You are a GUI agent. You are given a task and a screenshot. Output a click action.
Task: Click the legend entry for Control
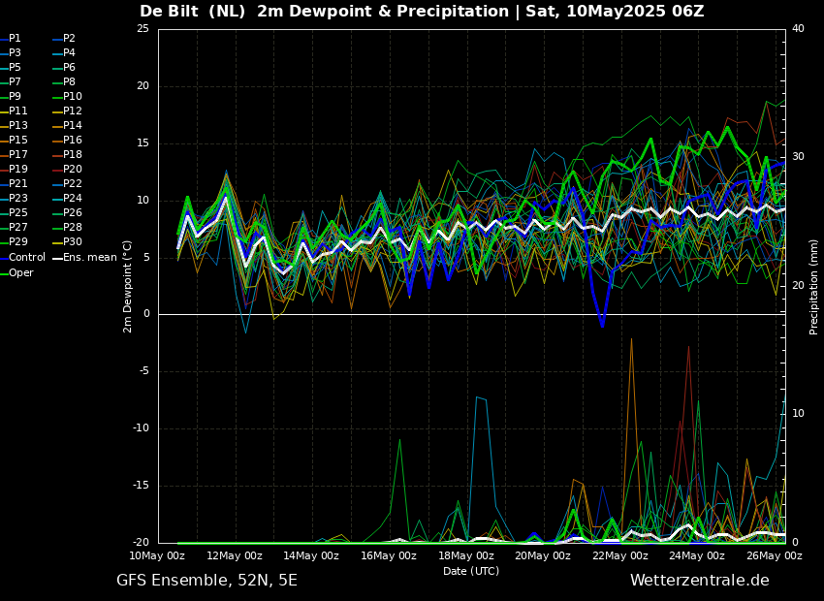(x=27, y=258)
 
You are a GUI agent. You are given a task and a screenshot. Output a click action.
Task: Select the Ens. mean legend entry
(x=89, y=258)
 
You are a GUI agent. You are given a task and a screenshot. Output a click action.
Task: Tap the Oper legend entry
(x=21, y=272)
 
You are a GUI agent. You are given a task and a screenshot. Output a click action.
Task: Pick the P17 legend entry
(x=18, y=155)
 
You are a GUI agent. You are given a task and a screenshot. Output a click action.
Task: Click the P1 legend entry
(x=15, y=39)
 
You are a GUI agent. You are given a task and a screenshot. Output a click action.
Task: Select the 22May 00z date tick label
(x=620, y=556)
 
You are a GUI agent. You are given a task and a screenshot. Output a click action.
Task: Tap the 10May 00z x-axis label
(x=157, y=556)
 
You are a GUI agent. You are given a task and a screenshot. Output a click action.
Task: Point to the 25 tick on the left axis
(x=143, y=29)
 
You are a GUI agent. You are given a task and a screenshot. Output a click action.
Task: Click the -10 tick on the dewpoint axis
(x=140, y=428)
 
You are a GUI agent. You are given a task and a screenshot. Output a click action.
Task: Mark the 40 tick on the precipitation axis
(x=798, y=29)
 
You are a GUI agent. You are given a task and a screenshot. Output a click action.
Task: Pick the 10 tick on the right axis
(x=798, y=414)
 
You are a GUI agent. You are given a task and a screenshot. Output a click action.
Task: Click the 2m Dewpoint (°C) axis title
(x=128, y=286)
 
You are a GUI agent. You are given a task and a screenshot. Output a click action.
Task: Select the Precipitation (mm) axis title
(x=814, y=286)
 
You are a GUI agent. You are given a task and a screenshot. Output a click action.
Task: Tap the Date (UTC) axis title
(x=471, y=571)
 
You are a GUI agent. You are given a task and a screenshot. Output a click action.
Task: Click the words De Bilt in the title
(x=171, y=12)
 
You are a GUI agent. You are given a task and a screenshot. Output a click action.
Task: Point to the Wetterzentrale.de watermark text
(x=699, y=581)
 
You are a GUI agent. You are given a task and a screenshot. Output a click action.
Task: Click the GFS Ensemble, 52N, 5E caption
(x=206, y=581)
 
